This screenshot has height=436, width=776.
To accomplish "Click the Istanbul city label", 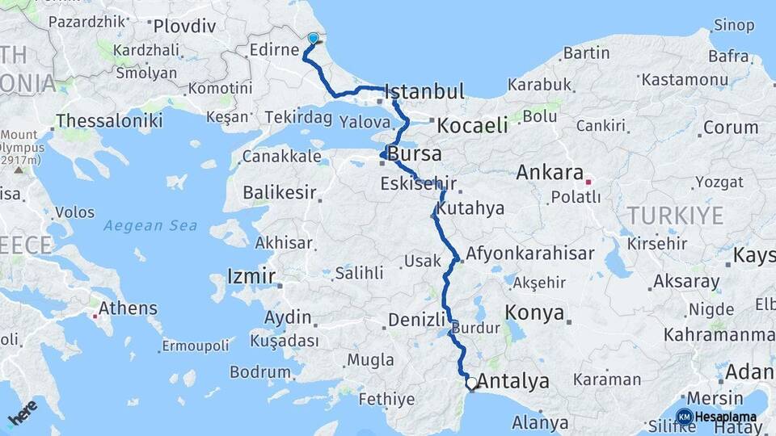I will point(425,91).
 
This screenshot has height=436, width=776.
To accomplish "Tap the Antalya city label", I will point(513,381).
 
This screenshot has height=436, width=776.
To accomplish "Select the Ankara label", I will point(550,172).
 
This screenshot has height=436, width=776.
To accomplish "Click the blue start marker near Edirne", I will point(313,37).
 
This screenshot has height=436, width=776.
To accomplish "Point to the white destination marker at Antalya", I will point(471,383).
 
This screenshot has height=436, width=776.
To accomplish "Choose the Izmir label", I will point(251,275).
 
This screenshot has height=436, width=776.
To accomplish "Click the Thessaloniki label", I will point(109,121).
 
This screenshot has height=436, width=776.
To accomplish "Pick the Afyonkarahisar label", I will point(529,253).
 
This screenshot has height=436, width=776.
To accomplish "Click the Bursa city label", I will point(415,153).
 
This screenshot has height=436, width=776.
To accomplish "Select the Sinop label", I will point(734,25).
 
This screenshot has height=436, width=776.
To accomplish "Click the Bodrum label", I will point(259,372).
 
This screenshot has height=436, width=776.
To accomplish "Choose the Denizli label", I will point(417,320).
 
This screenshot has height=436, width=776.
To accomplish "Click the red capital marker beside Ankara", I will point(589,181).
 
